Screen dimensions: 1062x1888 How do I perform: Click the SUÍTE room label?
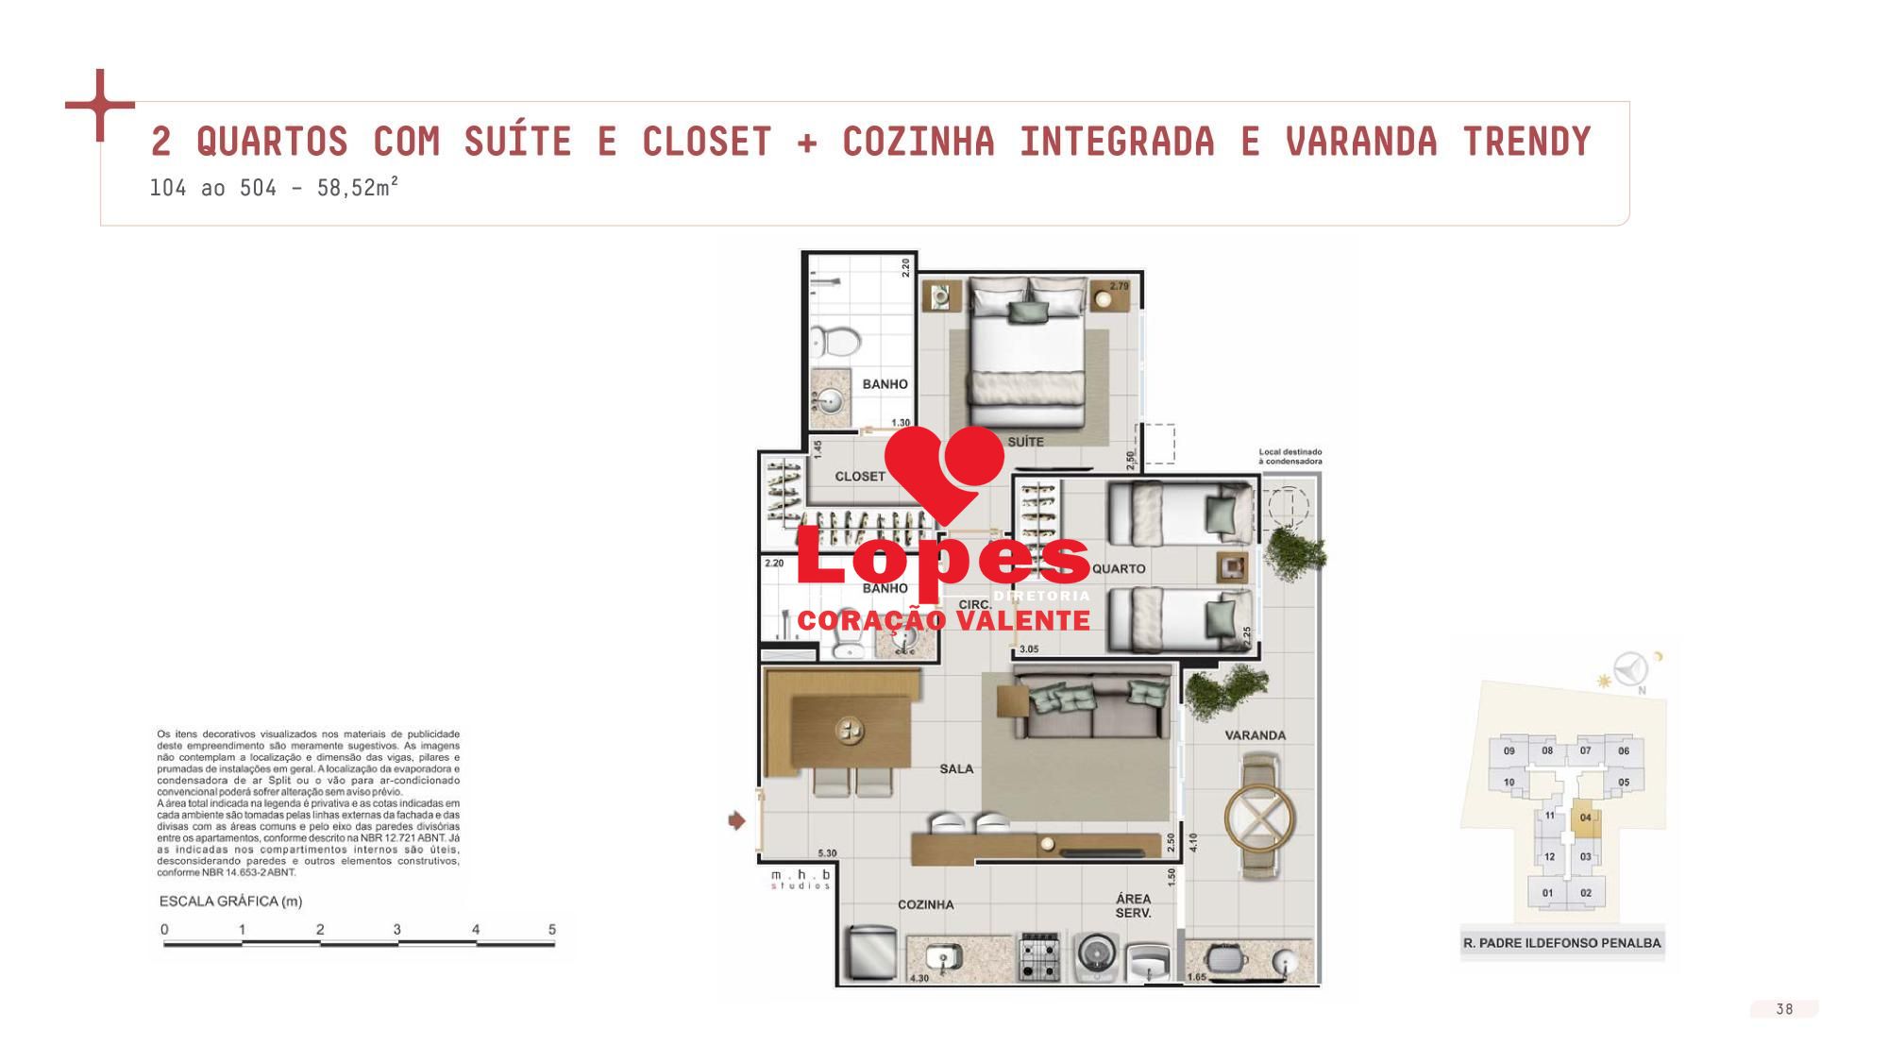[x=1025, y=442]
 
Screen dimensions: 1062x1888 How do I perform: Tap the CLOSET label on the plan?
[x=860, y=477]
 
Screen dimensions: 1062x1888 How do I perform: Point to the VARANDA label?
[x=1255, y=735]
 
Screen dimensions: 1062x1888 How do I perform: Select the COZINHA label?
[x=925, y=904]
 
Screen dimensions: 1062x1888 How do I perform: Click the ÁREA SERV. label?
[x=1133, y=906]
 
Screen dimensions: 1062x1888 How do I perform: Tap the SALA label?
[x=956, y=768]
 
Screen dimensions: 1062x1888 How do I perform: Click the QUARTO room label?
[x=1119, y=569]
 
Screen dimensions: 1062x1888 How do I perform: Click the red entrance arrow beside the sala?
[x=737, y=821]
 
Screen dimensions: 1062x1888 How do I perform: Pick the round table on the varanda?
[x=1259, y=819]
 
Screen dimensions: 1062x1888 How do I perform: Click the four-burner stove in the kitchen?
[x=1040, y=956]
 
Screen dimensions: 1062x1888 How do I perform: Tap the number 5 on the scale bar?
[x=552, y=930]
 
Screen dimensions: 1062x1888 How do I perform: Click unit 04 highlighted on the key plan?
[x=1586, y=818]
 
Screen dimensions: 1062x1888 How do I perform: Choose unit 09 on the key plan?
[x=1509, y=751]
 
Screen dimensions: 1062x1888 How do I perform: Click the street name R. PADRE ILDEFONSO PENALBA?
[x=1561, y=943]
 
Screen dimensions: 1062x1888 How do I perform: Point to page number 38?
[x=1784, y=1009]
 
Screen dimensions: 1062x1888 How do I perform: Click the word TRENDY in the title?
[x=1526, y=142]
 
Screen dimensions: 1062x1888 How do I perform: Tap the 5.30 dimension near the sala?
[x=827, y=853]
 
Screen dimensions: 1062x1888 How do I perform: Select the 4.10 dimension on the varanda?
[x=1193, y=842]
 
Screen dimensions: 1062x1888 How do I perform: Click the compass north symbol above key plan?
[x=1630, y=670]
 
